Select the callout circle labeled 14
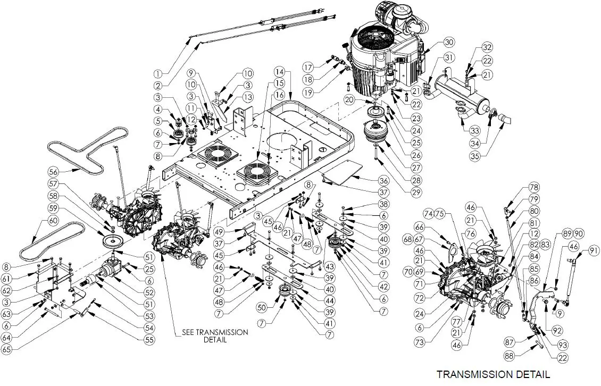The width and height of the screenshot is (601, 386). [x=281, y=71]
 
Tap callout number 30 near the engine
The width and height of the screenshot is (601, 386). [x=449, y=42]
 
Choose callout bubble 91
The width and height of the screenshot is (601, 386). [x=591, y=252]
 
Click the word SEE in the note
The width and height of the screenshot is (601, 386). [x=191, y=332]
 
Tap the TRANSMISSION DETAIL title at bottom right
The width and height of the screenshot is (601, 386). [x=493, y=374]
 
